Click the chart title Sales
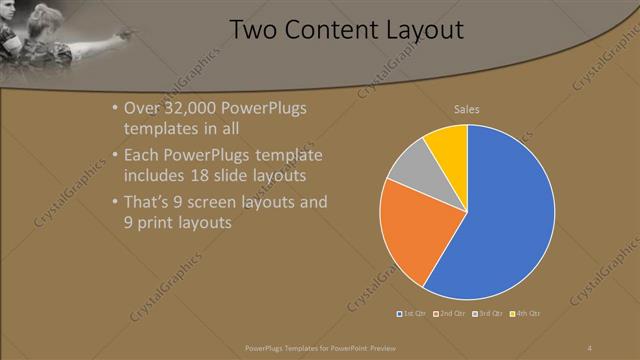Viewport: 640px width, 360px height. point(467,108)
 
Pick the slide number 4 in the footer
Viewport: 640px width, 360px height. point(589,347)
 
